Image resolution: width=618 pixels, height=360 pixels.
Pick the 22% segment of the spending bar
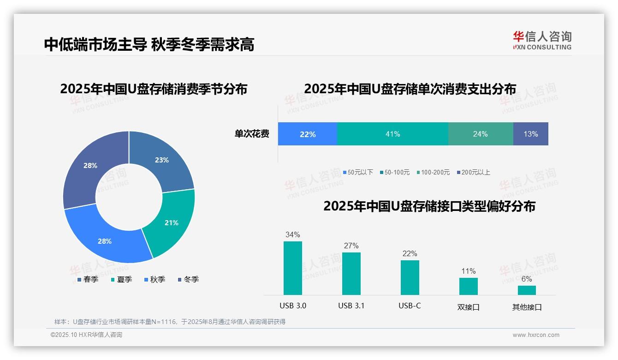pos(308,134)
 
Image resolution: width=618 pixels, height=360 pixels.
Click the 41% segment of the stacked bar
pos(393,134)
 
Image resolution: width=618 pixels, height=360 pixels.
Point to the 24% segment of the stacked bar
pos(481,134)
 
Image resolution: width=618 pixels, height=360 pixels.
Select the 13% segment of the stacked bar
pos(531,134)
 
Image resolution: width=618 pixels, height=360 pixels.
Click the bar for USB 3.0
pos(293,268)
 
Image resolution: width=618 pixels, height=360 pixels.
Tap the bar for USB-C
pos(410,277)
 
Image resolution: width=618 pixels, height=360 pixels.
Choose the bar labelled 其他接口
pos(527,290)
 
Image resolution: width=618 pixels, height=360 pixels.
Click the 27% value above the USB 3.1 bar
pos(351,246)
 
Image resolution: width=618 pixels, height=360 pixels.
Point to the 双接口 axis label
pos(469,306)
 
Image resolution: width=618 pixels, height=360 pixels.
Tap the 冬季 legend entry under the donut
pos(188,279)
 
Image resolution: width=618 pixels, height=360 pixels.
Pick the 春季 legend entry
pos(88,279)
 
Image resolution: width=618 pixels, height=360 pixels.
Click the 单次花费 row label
pos(252,134)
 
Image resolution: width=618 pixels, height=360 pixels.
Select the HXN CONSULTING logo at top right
pos(542,40)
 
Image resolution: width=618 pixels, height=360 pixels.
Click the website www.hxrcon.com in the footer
pos(536,335)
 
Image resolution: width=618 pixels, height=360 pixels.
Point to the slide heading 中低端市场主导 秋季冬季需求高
pos(149,45)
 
